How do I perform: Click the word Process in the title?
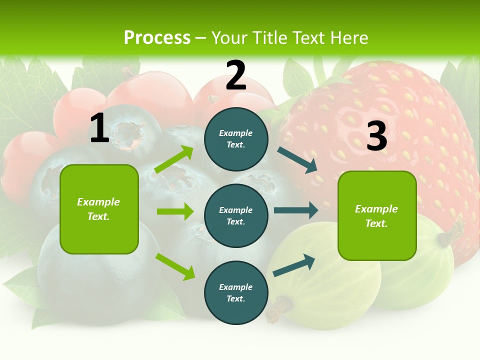click(157, 38)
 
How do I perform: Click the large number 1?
click(99, 128)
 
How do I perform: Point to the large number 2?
click(236, 75)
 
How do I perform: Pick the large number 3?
click(376, 136)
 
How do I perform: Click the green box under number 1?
click(99, 209)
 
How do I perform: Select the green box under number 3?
click(377, 215)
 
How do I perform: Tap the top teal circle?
click(236, 139)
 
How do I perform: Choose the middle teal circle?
click(236, 215)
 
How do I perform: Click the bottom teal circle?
click(236, 292)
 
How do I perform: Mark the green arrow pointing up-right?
click(174, 159)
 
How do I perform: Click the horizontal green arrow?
click(175, 211)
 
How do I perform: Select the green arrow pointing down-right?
click(175, 266)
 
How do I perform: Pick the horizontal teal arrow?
click(296, 210)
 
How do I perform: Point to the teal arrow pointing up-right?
click(294, 265)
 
